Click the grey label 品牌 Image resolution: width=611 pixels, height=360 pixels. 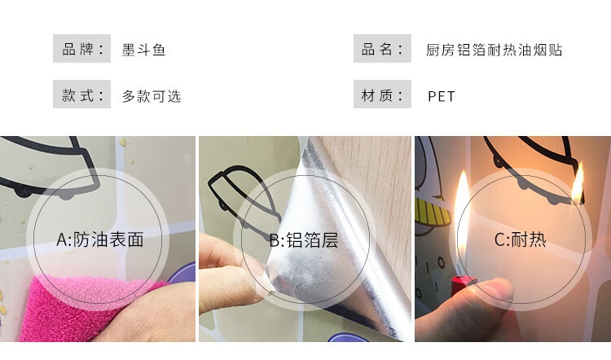[81, 49]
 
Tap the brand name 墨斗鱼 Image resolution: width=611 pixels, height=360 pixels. [143, 50]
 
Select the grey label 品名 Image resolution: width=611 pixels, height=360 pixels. [382, 49]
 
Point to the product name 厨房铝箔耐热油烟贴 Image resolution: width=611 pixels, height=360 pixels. [494, 50]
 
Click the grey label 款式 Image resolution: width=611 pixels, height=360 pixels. [81, 94]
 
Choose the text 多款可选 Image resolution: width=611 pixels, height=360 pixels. [152, 96]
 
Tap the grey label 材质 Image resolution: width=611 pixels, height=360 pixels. [382, 94]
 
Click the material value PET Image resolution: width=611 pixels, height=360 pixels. [442, 96]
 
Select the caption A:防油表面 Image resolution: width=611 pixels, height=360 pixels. [99, 239]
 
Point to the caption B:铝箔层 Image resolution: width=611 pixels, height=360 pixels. [304, 240]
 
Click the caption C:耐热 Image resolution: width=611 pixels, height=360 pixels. [521, 239]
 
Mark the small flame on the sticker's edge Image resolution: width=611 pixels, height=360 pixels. [578, 183]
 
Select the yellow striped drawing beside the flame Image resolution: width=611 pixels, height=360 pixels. [432, 213]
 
